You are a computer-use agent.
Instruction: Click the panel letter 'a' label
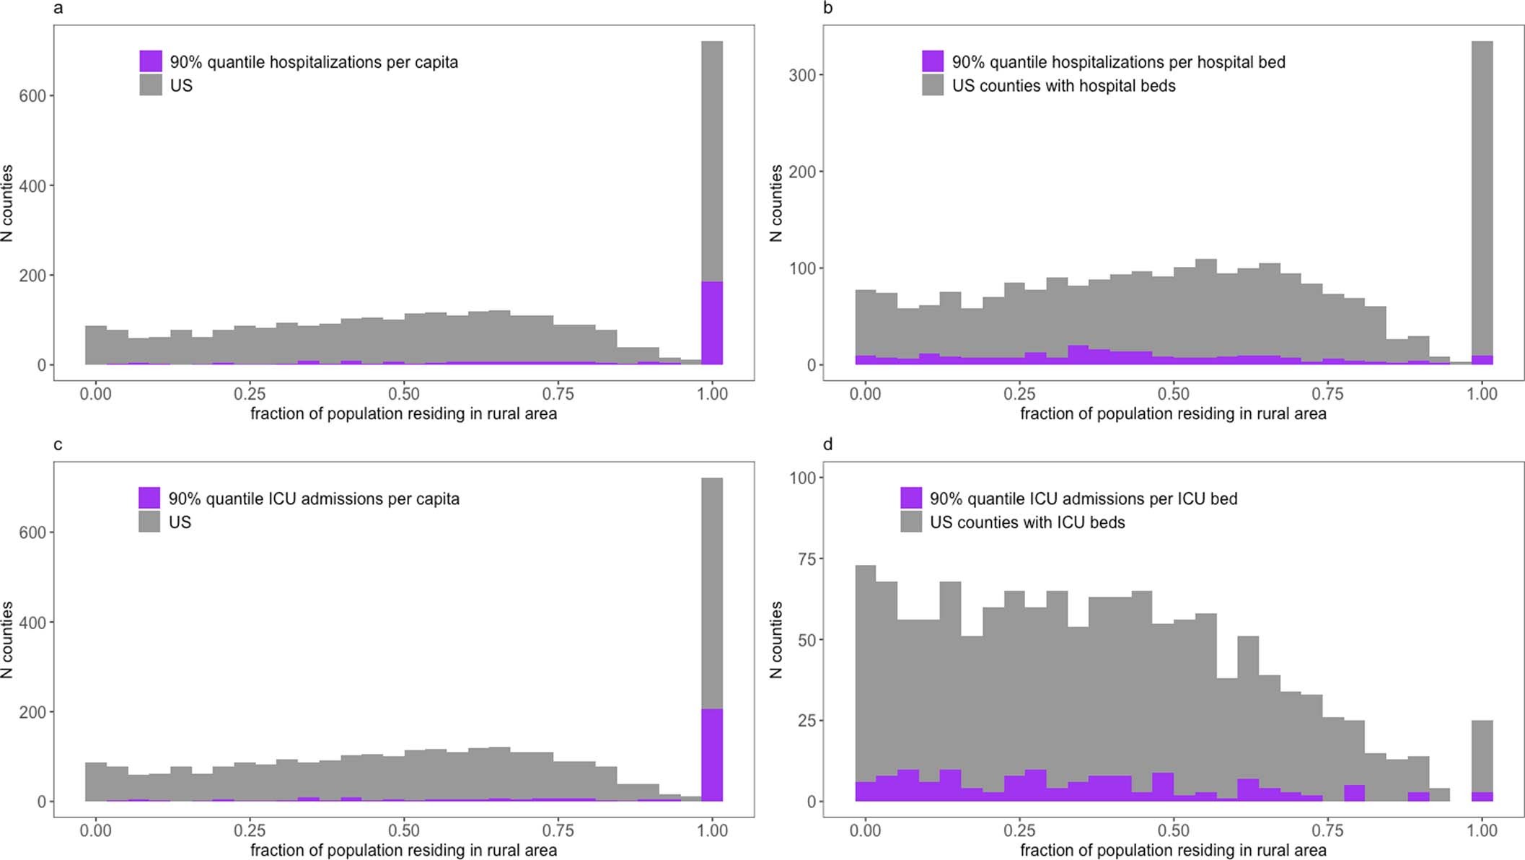coord(58,9)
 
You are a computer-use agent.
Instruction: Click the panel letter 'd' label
coord(827,444)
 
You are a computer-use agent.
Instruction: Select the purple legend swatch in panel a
coord(151,61)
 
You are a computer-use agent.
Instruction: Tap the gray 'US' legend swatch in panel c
coord(149,522)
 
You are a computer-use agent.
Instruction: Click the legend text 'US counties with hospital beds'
coord(1063,86)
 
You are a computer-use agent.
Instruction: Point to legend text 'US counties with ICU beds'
coord(1027,522)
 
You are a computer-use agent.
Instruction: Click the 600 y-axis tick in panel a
coord(32,96)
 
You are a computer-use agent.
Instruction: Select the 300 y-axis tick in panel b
coord(801,75)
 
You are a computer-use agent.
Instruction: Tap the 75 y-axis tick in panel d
coord(806,559)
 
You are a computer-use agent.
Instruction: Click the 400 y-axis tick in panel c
coord(32,623)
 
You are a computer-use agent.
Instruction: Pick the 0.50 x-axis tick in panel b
coord(1173,394)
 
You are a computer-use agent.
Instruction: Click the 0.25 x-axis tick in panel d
coord(1019,830)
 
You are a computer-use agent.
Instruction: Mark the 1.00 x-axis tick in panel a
coord(712,394)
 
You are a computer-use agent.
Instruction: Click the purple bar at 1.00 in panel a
coord(712,323)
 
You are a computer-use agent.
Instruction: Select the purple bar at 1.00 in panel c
coord(712,755)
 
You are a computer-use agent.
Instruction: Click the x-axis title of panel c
coord(403,851)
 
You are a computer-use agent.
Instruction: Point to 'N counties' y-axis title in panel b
coord(776,203)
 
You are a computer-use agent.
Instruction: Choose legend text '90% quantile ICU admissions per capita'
coord(313,499)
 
